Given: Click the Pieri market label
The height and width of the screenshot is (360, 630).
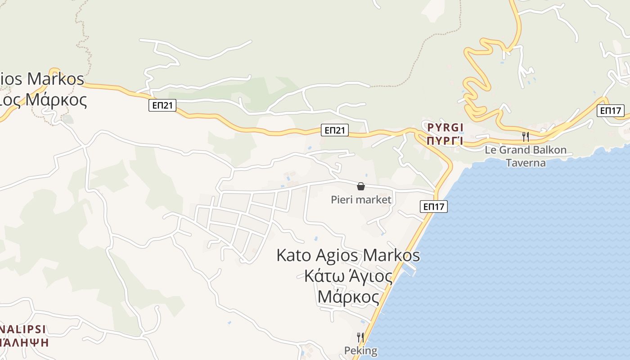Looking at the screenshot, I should [x=361, y=199].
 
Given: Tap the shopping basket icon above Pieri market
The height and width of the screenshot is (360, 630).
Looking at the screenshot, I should [x=360, y=186].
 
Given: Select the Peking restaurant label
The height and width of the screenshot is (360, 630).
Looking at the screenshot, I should [x=360, y=350].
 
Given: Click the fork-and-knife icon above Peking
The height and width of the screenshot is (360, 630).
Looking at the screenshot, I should [x=360, y=337].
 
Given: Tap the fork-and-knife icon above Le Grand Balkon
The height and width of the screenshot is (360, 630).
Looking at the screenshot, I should [x=525, y=136].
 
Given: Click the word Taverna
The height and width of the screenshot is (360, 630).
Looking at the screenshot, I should [x=526, y=162].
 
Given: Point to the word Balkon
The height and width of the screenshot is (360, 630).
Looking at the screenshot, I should [x=547, y=150].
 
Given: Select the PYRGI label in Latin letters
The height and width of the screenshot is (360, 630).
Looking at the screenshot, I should [x=445, y=127].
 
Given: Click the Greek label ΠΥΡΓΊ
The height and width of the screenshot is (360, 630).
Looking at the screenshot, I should [x=445, y=140].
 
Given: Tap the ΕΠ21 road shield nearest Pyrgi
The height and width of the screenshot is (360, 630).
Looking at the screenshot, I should [x=335, y=130].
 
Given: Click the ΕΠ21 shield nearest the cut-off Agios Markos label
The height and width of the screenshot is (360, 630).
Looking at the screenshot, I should [x=162, y=106].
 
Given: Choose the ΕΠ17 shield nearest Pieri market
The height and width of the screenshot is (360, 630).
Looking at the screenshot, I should [x=434, y=207].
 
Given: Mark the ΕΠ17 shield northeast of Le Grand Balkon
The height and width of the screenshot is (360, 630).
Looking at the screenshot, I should [x=610, y=110].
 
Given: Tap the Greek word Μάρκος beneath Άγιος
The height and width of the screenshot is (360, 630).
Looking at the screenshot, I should [x=348, y=297].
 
